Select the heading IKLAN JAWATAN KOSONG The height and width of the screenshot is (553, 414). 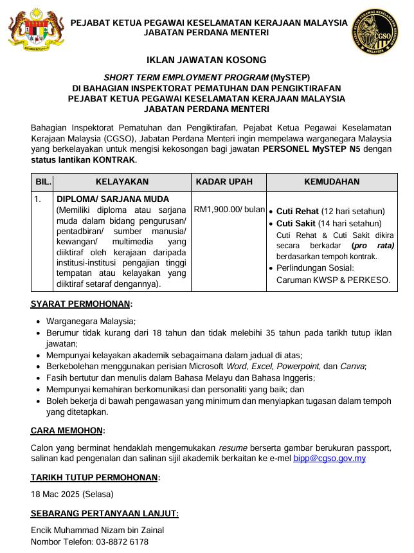tap(206, 60)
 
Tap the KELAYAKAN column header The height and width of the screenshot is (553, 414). tap(122, 182)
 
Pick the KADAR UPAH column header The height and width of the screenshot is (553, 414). tap(229, 182)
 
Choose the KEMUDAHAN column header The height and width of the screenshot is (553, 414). tap(331, 182)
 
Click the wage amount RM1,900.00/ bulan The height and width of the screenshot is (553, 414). tap(229, 209)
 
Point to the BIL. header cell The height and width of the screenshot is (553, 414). tap(42, 182)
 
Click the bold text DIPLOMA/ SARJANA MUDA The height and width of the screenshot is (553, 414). tap(113, 199)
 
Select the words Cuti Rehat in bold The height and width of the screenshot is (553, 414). tap(298, 211)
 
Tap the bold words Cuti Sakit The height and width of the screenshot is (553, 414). tap(297, 223)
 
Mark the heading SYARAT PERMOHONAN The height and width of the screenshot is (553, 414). tap(81, 304)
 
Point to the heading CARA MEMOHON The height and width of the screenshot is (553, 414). tap(67, 431)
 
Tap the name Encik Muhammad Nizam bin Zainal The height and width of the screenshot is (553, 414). tap(97, 530)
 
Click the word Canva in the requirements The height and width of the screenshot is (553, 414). tap(353, 367)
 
